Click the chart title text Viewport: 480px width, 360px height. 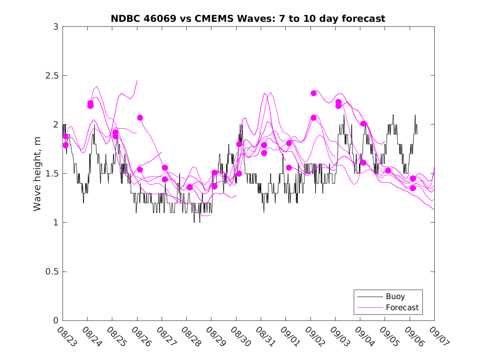coord(248,19)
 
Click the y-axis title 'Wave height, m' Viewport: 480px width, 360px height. coord(37,174)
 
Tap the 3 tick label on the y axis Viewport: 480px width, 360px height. coord(56,27)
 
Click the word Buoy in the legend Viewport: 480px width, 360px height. coord(395,296)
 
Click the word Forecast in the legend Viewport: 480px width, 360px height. coord(402,307)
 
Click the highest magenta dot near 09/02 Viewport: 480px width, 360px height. coord(313,93)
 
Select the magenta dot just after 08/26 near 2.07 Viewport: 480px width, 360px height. coord(140,118)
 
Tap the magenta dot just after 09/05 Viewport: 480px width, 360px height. coord(388,170)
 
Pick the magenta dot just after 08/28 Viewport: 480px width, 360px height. coord(190,187)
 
